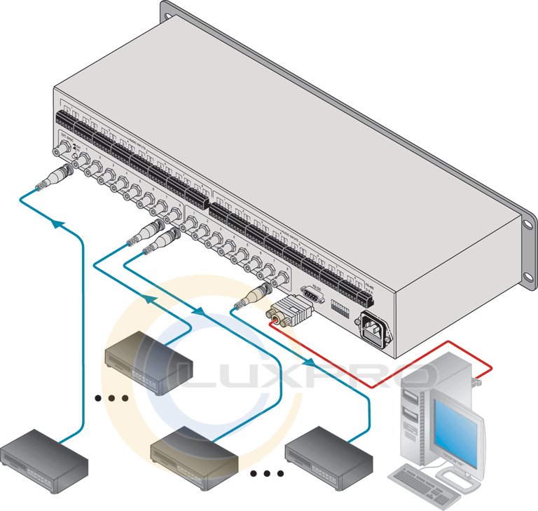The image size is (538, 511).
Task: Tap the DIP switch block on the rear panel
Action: pyautogui.click(x=343, y=308)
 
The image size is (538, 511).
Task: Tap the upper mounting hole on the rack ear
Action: pyautogui.click(x=527, y=224)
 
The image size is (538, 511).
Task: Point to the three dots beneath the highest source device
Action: pyautogui.click(x=111, y=398)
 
